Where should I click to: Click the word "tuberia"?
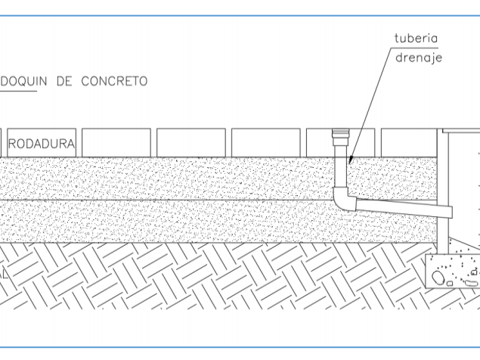417,39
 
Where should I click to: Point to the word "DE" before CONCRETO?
67,81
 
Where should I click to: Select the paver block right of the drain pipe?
408,143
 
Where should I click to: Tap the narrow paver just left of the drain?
318,143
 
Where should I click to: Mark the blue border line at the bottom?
240,348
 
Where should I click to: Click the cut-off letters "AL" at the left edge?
4,275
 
